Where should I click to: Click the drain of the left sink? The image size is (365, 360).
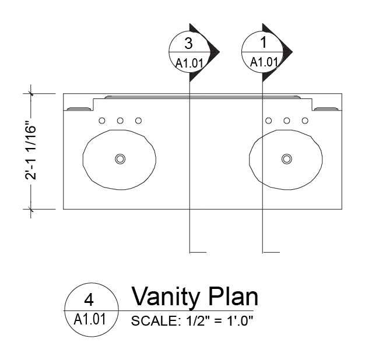(x=120, y=158)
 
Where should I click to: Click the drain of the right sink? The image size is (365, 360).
(x=286, y=158)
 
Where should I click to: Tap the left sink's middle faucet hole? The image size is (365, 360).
(x=120, y=121)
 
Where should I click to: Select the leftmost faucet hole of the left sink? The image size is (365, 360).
(x=101, y=121)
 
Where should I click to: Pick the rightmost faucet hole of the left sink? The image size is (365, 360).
(x=139, y=121)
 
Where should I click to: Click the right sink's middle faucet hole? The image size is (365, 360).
(x=287, y=121)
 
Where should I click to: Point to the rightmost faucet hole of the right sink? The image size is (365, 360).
(x=305, y=121)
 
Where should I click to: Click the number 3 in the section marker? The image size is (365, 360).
(x=188, y=43)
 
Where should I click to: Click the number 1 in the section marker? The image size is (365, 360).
(x=262, y=43)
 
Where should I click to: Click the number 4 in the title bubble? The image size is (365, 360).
(x=89, y=299)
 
